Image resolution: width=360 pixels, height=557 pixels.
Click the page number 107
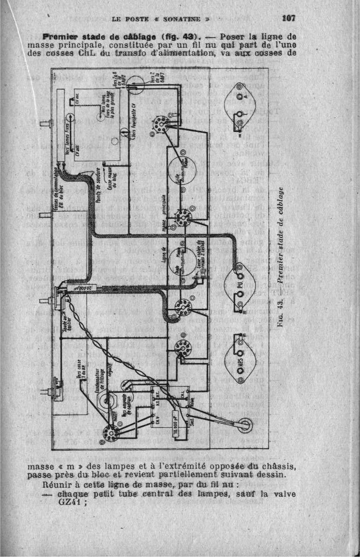[x=288, y=19]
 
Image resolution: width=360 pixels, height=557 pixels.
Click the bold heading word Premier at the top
[x=58, y=36]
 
